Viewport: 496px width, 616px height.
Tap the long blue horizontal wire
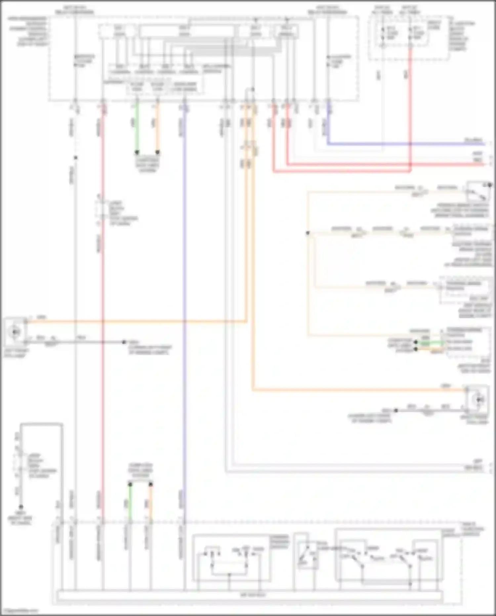(397, 144)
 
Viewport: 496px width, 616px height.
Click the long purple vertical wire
(184, 298)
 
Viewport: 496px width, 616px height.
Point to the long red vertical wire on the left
(103, 298)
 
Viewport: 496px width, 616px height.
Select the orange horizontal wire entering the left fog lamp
(132, 321)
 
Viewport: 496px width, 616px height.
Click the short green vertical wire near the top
(137, 129)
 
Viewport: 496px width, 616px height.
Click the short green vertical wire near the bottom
(130, 503)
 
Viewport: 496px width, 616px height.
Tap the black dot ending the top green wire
(137, 153)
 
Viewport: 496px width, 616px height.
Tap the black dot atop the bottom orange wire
(151, 484)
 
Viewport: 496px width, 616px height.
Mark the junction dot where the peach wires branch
(308, 233)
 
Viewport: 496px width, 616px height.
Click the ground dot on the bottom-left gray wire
(21, 507)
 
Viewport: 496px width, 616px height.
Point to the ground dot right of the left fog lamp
(124, 342)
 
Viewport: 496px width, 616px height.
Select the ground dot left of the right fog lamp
(396, 410)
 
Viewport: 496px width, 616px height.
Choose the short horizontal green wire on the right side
(430, 342)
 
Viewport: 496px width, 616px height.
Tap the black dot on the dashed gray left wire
(75, 158)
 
